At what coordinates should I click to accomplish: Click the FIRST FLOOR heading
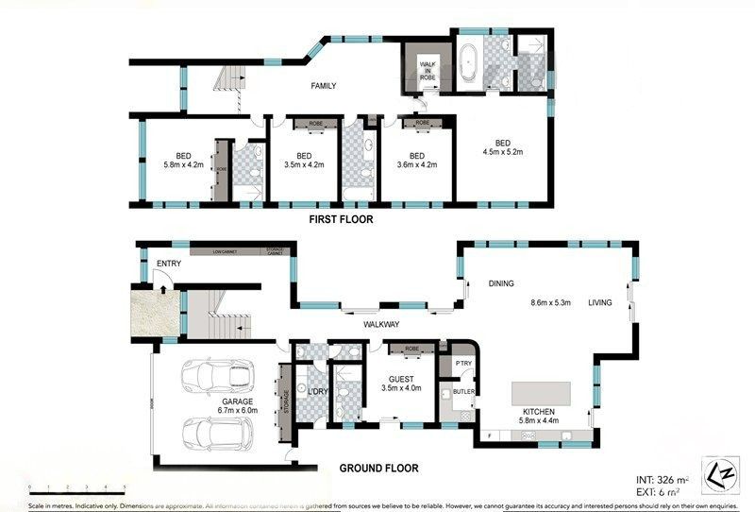point(341,219)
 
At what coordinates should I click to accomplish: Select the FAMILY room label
point(324,86)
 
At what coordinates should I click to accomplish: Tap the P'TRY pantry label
point(463,363)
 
